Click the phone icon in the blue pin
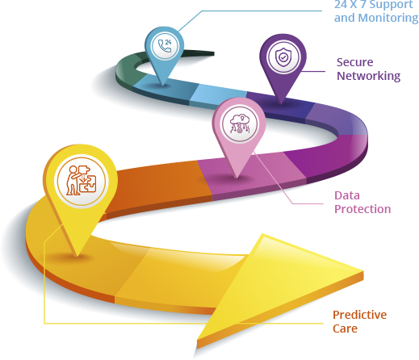(165, 46)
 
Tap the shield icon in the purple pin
(283, 57)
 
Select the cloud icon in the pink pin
(240, 124)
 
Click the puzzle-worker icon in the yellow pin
(82, 181)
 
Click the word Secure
(354, 62)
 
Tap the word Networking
(368, 76)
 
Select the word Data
(347, 195)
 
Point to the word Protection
(362, 209)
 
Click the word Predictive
(359, 315)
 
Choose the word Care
(345, 329)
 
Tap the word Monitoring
(388, 19)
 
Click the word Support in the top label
(391, 6)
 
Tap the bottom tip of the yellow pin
(77, 257)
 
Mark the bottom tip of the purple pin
(281, 104)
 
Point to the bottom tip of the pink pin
(237, 178)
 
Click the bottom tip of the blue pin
(162, 86)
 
